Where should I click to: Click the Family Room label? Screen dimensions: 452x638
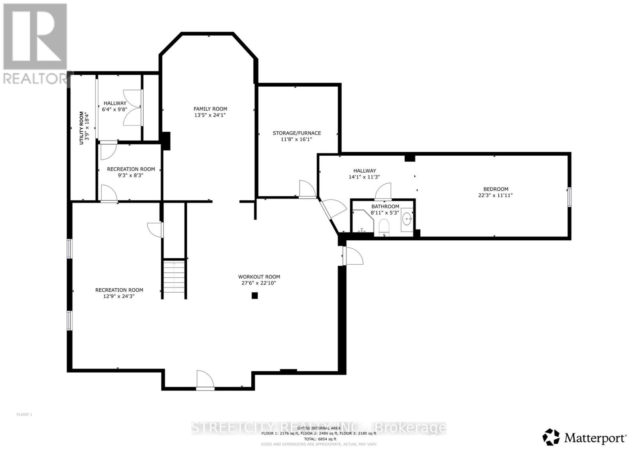[x=210, y=109]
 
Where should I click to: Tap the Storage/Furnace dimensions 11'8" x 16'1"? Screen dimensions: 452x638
[x=297, y=139]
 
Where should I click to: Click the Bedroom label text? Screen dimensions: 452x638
[x=496, y=189]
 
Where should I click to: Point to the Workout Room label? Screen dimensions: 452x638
[x=259, y=276]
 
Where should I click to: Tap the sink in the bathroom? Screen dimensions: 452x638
[x=407, y=218]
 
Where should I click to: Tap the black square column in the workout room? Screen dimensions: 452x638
[x=254, y=295]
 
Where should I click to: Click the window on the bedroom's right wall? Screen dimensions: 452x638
[x=569, y=197]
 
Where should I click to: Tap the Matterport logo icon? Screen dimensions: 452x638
[x=551, y=437]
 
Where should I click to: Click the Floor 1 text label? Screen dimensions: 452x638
[x=24, y=414]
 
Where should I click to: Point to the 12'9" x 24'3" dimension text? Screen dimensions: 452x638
[x=119, y=296]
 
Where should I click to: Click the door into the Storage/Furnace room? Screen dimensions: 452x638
[x=307, y=189]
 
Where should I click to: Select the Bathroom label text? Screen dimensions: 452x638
[x=385, y=206]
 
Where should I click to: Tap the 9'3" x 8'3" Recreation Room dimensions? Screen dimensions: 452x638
[x=130, y=175]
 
